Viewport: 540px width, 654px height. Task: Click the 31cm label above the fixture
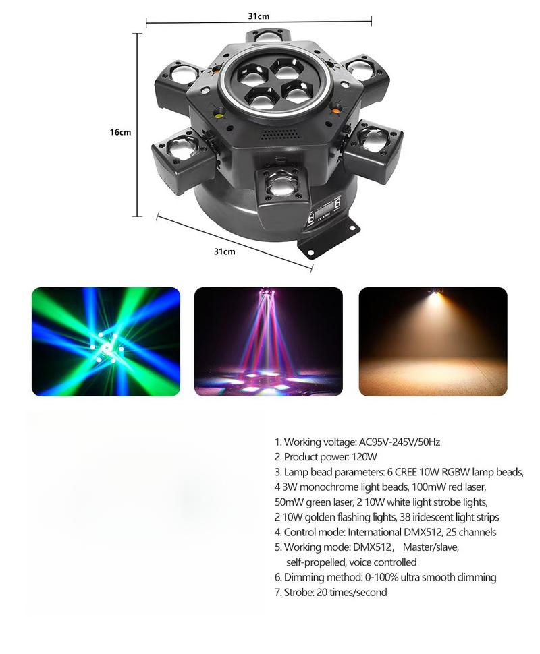click(259, 16)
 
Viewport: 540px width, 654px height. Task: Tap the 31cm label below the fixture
click(224, 251)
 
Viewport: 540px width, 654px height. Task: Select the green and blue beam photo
click(106, 341)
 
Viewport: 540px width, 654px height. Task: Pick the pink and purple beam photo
click(268, 341)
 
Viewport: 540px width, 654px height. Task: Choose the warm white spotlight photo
click(432, 341)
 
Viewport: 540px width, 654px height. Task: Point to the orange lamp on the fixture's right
click(335, 105)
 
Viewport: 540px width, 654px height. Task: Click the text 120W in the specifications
click(365, 457)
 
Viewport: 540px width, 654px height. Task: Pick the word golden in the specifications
click(329, 517)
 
